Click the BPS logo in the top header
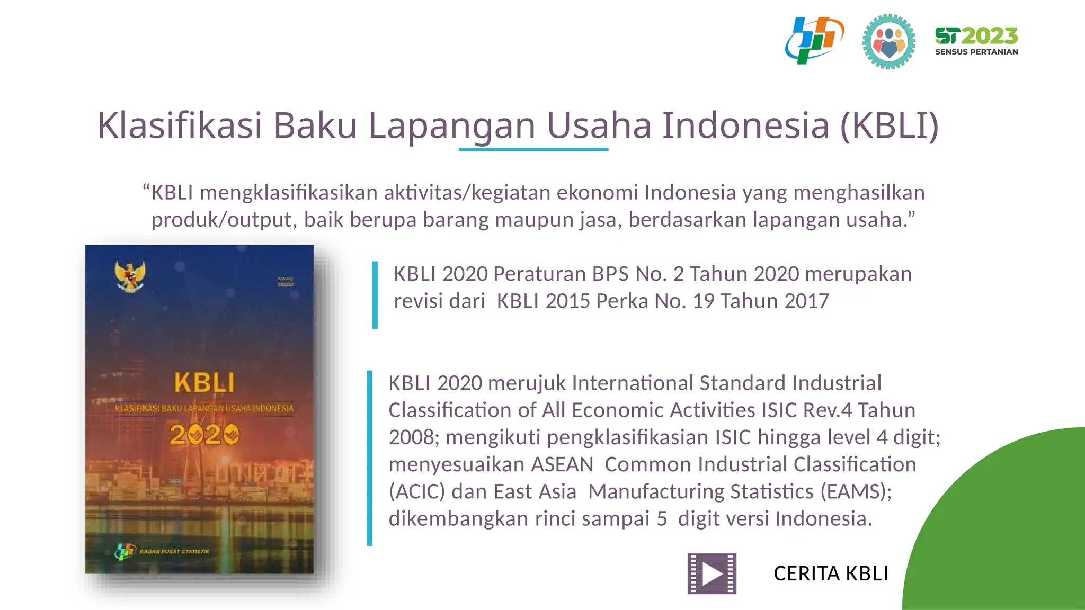click(x=814, y=40)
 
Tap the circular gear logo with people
click(x=888, y=42)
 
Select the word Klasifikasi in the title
click(x=180, y=125)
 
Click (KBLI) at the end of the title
click(x=890, y=125)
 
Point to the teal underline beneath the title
click(x=533, y=150)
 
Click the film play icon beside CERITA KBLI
click(x=712, y=573)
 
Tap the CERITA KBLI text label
click(x=831, y=573)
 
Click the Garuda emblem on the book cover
click(x=130, y=276)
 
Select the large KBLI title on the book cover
click(x=204, y=383)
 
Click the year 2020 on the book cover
click(x=204, y=435)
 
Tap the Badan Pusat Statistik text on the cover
click(x=174, y=552)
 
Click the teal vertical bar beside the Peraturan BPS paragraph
click(x=375, y=295)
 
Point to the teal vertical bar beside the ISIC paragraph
click(x=370, y=457)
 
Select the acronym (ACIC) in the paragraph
click(x=416, y=491)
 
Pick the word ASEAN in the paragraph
click(x=562, y=464)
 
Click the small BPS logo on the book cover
click(x=125, y=552)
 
